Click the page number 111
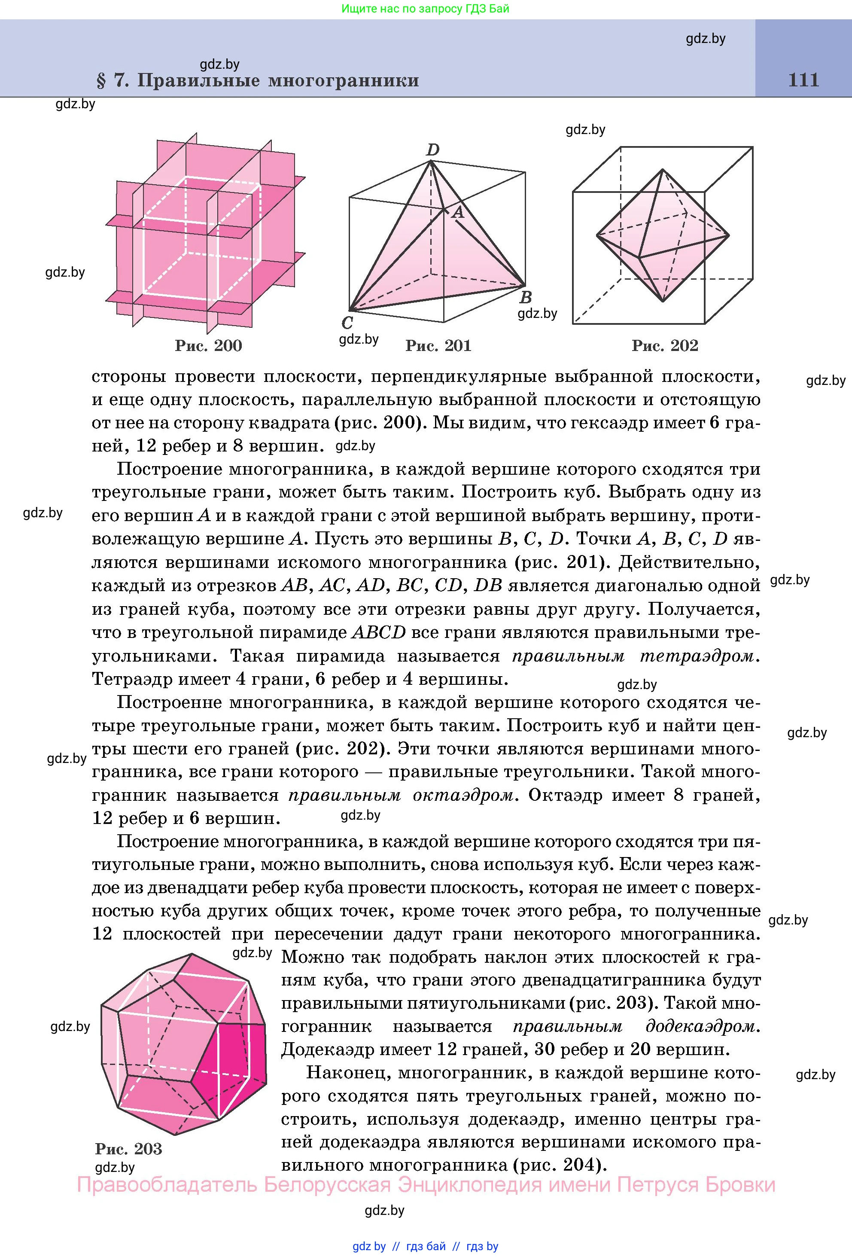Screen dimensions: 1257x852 (803, 80)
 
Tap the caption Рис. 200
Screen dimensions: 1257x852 (208, 346)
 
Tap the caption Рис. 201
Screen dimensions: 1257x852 (438, 346)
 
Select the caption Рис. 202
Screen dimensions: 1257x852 (665, 346)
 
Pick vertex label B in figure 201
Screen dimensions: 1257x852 (526, 297)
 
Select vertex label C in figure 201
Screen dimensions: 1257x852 (347, 323)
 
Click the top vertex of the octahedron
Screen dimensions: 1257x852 (662, 171)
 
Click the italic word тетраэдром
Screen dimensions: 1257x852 (700, 656)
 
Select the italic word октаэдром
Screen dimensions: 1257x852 (462, 795)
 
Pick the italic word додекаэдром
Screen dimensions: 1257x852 (703, 1026)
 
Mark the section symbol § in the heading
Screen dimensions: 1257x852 (101, 81)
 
